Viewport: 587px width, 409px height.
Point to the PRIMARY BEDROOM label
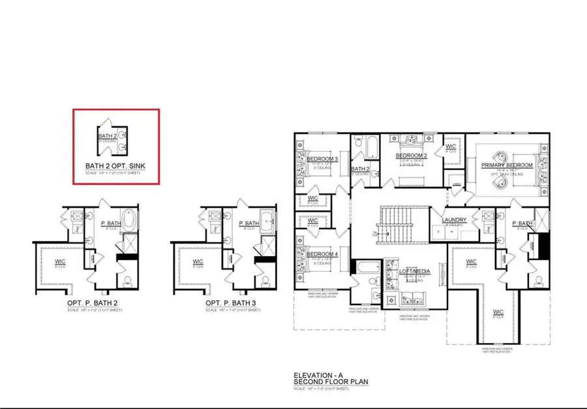point(507,166)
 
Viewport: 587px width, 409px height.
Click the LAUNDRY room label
point(453,220)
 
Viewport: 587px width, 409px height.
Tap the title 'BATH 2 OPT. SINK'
point(115,166)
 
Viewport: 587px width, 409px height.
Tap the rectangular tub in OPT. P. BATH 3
point(266,221)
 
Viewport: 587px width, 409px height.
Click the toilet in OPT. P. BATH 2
point(127,280)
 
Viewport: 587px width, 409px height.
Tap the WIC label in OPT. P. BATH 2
point(60,262)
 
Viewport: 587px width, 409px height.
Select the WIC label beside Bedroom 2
point(450,147)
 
